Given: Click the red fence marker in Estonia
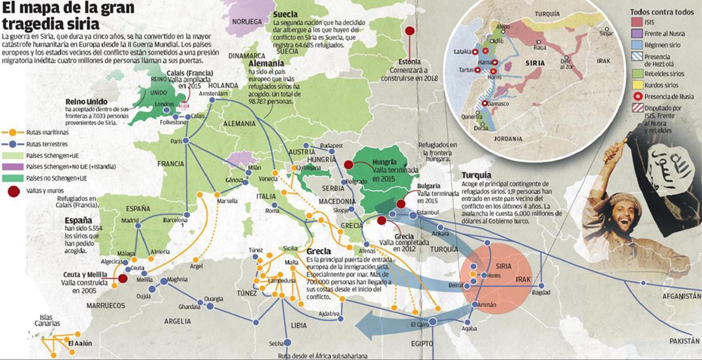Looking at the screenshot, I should tap(410, 32).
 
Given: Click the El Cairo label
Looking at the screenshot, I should tap(420, 324).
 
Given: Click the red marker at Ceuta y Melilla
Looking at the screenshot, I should tap(123, 279).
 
